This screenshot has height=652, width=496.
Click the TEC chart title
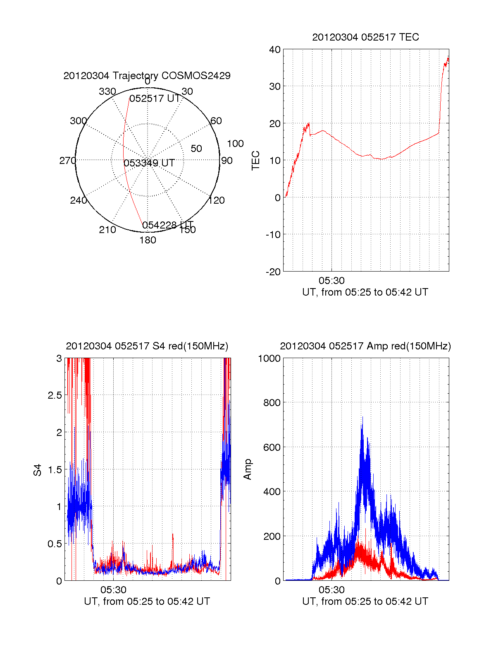click(x=365, y=37)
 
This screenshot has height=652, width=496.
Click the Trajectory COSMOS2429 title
click(x=147, y=76)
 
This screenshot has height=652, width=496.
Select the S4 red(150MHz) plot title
click(x=147, y=346)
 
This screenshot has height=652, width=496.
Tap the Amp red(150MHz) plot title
click(x=365, y=346)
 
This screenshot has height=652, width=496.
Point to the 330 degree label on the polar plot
click(x=107, y=91)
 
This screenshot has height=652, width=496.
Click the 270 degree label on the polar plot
click(x=67, y=161)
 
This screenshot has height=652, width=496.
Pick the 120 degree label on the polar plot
click(x=217, y=200)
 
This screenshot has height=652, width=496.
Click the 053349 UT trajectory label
click(x=149, y=163)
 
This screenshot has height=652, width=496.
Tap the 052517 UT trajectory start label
click(x=155, y=99)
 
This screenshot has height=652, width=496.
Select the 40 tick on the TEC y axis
click(x=274, y=50)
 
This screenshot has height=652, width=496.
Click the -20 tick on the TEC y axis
click(x=273, y=272)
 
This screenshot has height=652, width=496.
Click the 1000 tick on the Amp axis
click(x=269, y=358)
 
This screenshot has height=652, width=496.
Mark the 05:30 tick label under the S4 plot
click(x=113, y=589)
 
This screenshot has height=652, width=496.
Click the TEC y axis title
click(x=256, y=161)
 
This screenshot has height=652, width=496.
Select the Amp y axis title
click(x=248, y=469)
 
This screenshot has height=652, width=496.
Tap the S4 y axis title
click(x=38, y=470)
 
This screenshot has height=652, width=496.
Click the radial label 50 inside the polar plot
click(x=196, y=149)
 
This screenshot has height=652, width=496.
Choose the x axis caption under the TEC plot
click(x=365, y=292)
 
